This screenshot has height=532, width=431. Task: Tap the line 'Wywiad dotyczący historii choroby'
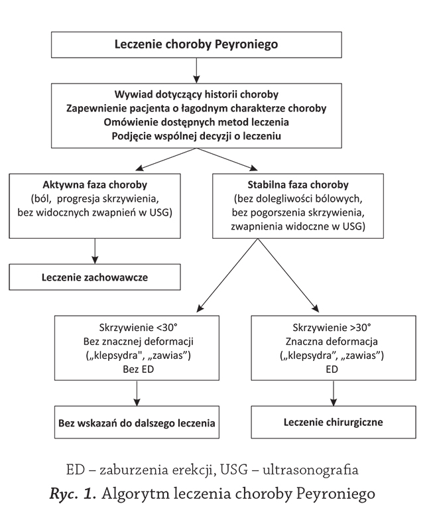tap(196, 94)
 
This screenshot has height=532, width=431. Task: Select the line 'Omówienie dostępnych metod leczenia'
tap(196, 122)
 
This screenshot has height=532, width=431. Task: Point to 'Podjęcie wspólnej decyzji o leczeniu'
tap(196, 136)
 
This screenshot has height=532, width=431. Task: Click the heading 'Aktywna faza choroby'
tap(95, 185)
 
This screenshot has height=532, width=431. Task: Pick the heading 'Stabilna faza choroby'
tap(298, 185)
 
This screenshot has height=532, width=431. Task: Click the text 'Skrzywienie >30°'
tap(332, 328)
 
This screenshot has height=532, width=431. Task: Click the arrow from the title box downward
tap(196, 70)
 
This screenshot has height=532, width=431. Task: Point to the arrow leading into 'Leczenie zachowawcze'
tap(95, 251)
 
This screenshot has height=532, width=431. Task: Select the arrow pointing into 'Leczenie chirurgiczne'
tap(334, 393)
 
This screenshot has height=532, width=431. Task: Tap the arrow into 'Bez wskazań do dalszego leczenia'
tap(137, 393)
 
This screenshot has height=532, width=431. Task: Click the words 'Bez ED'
tap(139, 369)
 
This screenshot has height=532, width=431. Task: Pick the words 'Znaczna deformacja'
tap(332, 342)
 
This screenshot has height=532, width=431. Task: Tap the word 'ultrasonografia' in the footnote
tap(310, 470)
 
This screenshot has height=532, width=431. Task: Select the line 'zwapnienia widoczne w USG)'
tap(298, 226)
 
